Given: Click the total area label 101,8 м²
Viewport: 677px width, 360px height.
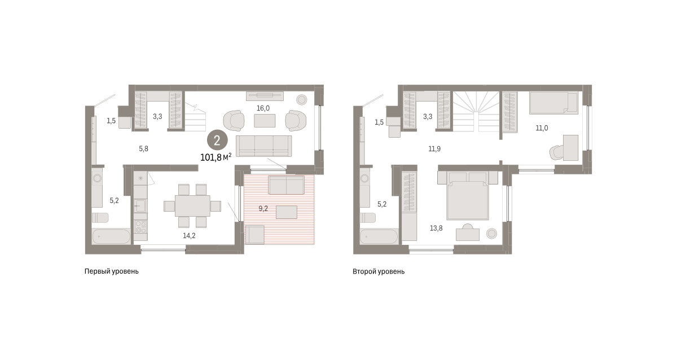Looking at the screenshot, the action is point(216,157).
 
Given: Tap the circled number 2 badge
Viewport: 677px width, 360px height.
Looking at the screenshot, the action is point(217,141).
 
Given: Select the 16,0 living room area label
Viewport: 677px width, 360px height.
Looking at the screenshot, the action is point(263,108).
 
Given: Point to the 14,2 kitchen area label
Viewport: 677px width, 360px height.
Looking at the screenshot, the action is point(189,235).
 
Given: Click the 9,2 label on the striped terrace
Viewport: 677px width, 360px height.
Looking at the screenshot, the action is point(263,209).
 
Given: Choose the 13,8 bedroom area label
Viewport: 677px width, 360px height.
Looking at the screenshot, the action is point(436,228).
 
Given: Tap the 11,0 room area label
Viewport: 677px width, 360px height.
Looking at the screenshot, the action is point(542,128).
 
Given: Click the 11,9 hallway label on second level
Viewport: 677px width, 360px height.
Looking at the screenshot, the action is point(434,149).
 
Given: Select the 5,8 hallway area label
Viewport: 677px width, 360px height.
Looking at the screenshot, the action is point(143,149).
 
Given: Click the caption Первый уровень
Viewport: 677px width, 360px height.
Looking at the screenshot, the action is point(112,271).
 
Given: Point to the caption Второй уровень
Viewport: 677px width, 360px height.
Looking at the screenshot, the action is point(379,271).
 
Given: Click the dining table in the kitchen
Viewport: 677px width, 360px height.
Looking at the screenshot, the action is point(192,206).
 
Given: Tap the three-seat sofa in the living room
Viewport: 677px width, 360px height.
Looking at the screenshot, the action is point(264,146).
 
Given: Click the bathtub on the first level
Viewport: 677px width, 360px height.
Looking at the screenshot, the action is point(111,236).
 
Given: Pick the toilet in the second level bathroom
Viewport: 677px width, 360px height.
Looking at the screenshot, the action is point(368,218).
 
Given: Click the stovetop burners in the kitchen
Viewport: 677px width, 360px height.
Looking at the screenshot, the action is point(140,226).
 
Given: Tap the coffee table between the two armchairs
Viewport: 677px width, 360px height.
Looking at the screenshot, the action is point(265,121).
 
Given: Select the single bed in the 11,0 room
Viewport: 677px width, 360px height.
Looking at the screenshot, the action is point(553,103).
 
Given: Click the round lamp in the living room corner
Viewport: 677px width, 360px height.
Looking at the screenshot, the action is point(301,99).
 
